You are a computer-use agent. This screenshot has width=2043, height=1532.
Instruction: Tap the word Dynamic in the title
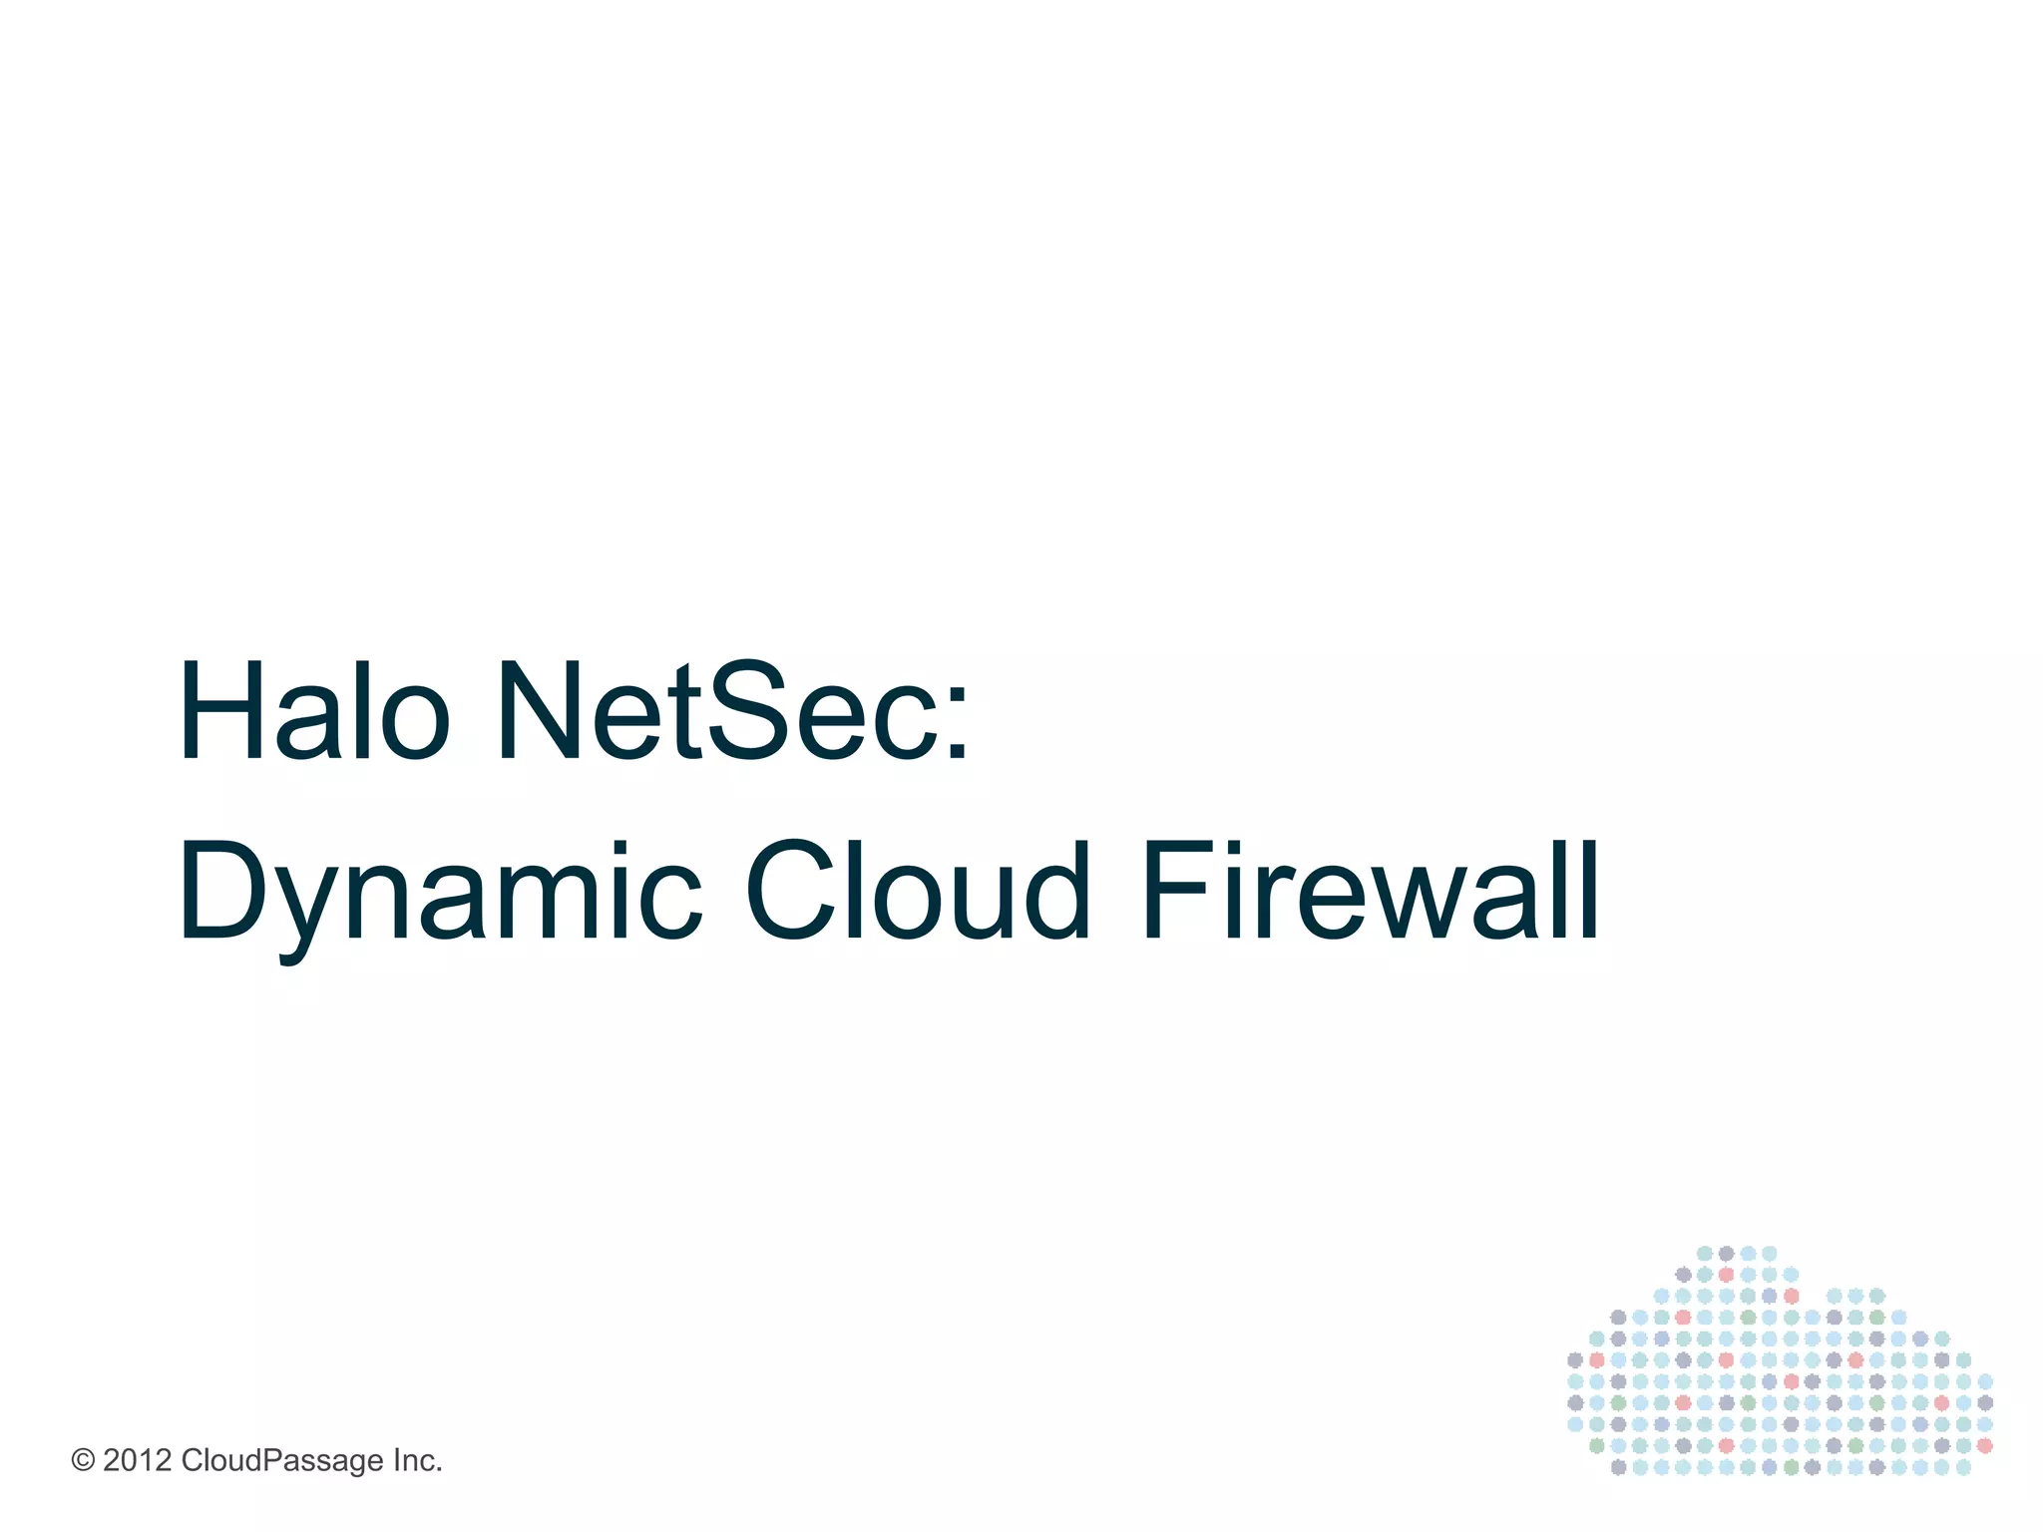click(x=440, y=892)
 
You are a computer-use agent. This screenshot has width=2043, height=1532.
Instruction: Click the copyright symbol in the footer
click(x=83, y=1461)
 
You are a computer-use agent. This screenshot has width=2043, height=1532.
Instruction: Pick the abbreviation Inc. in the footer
click(x=417, y=1461)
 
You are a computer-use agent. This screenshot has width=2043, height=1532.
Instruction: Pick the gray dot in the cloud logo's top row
click(x=1726, y=1254)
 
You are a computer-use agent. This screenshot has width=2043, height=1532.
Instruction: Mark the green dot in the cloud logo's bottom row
click(x=1792, y=1467)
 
